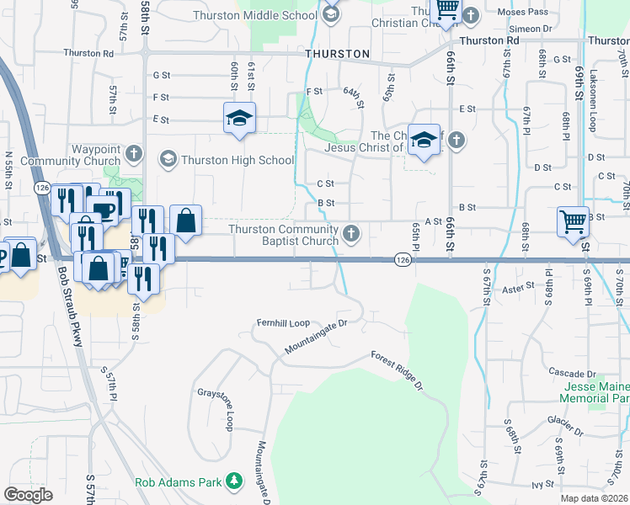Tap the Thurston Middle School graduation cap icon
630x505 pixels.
click(331, 14)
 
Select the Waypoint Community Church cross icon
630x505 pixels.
click(133, 153)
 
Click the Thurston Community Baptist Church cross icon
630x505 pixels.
click(351, 233)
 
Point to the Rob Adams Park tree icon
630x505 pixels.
click(232, 482)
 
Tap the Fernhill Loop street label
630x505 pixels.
click(284, 322)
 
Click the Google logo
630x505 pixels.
click(29, 495)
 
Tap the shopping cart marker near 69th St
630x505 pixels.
click(573, 222)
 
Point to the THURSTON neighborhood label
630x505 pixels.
click(337, 54)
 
